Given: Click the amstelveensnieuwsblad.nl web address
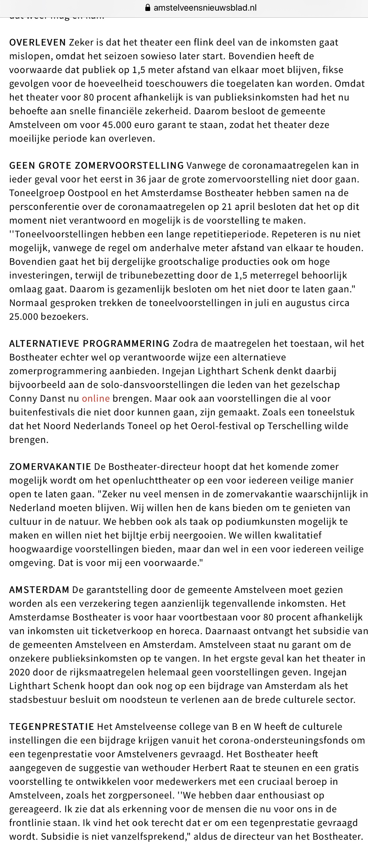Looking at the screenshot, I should (205, 8).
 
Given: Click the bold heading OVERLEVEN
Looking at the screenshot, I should (37, 42).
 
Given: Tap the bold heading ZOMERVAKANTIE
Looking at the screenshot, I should (50, 466).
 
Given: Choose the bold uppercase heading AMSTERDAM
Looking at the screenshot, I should (39, 589).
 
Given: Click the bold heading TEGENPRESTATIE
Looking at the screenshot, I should (52, 726).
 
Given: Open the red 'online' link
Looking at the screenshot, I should (96, 398).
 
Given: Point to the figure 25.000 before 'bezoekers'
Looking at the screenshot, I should (23, 316).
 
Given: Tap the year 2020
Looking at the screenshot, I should (20, 672).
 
